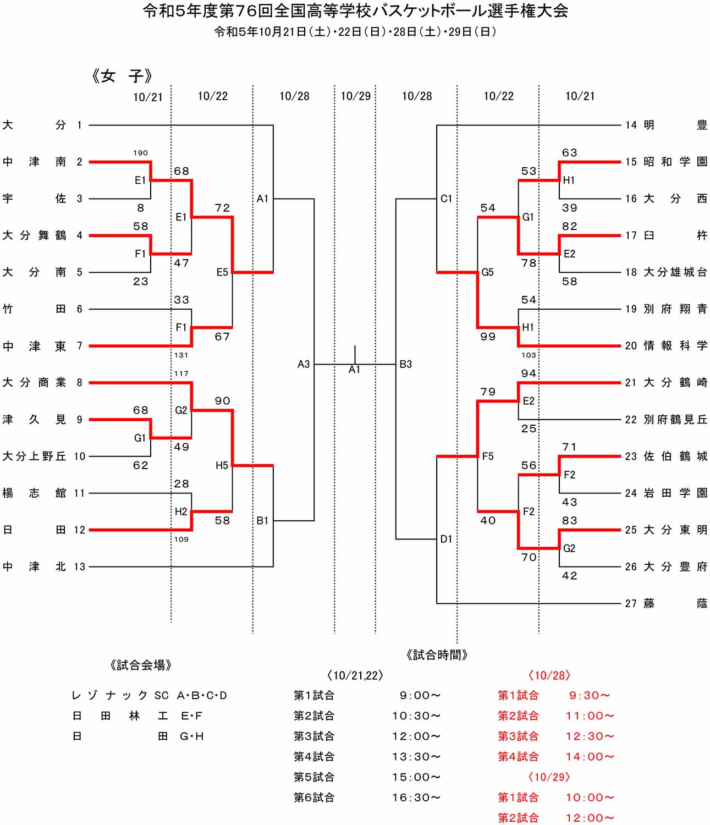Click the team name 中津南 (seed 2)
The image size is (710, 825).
[34, 162]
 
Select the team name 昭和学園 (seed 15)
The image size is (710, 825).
[675, 162]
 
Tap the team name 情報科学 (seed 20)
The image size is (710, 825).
[675, 345]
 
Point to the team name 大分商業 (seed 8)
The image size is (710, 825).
[34, 382]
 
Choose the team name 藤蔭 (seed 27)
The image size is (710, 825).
[675, 603]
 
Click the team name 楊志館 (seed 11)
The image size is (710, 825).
[34, 493]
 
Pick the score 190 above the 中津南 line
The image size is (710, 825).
[141, 153]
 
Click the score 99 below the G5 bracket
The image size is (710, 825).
[488, 337]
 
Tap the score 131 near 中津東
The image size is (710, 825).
[181, 355]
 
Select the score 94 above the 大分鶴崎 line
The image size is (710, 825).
[529, 373]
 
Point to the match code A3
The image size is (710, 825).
[304, 364]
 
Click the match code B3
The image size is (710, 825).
[406, 364]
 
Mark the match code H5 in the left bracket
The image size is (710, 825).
[222, 466]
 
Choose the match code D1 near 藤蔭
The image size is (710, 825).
[446, 539]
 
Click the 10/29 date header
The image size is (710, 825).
[355, 96]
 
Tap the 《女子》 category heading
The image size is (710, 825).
[122, 76]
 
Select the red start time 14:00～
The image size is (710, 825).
[590, 757]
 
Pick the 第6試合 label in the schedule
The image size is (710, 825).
[314, 798]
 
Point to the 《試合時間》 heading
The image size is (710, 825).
[437, 654]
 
